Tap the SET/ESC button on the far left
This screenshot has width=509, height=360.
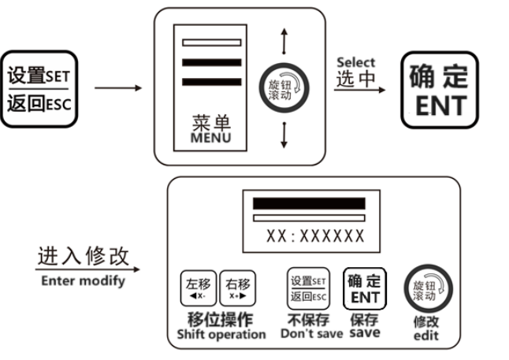(40, 91)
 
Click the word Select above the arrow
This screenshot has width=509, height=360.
(356, 62)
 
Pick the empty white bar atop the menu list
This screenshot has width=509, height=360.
(211, 42)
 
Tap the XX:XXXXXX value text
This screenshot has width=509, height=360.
(315, 236)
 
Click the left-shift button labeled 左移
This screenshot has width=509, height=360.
(198, 288)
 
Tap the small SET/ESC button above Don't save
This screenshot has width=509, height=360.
(307, 288)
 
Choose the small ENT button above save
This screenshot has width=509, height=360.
(364, 288)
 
